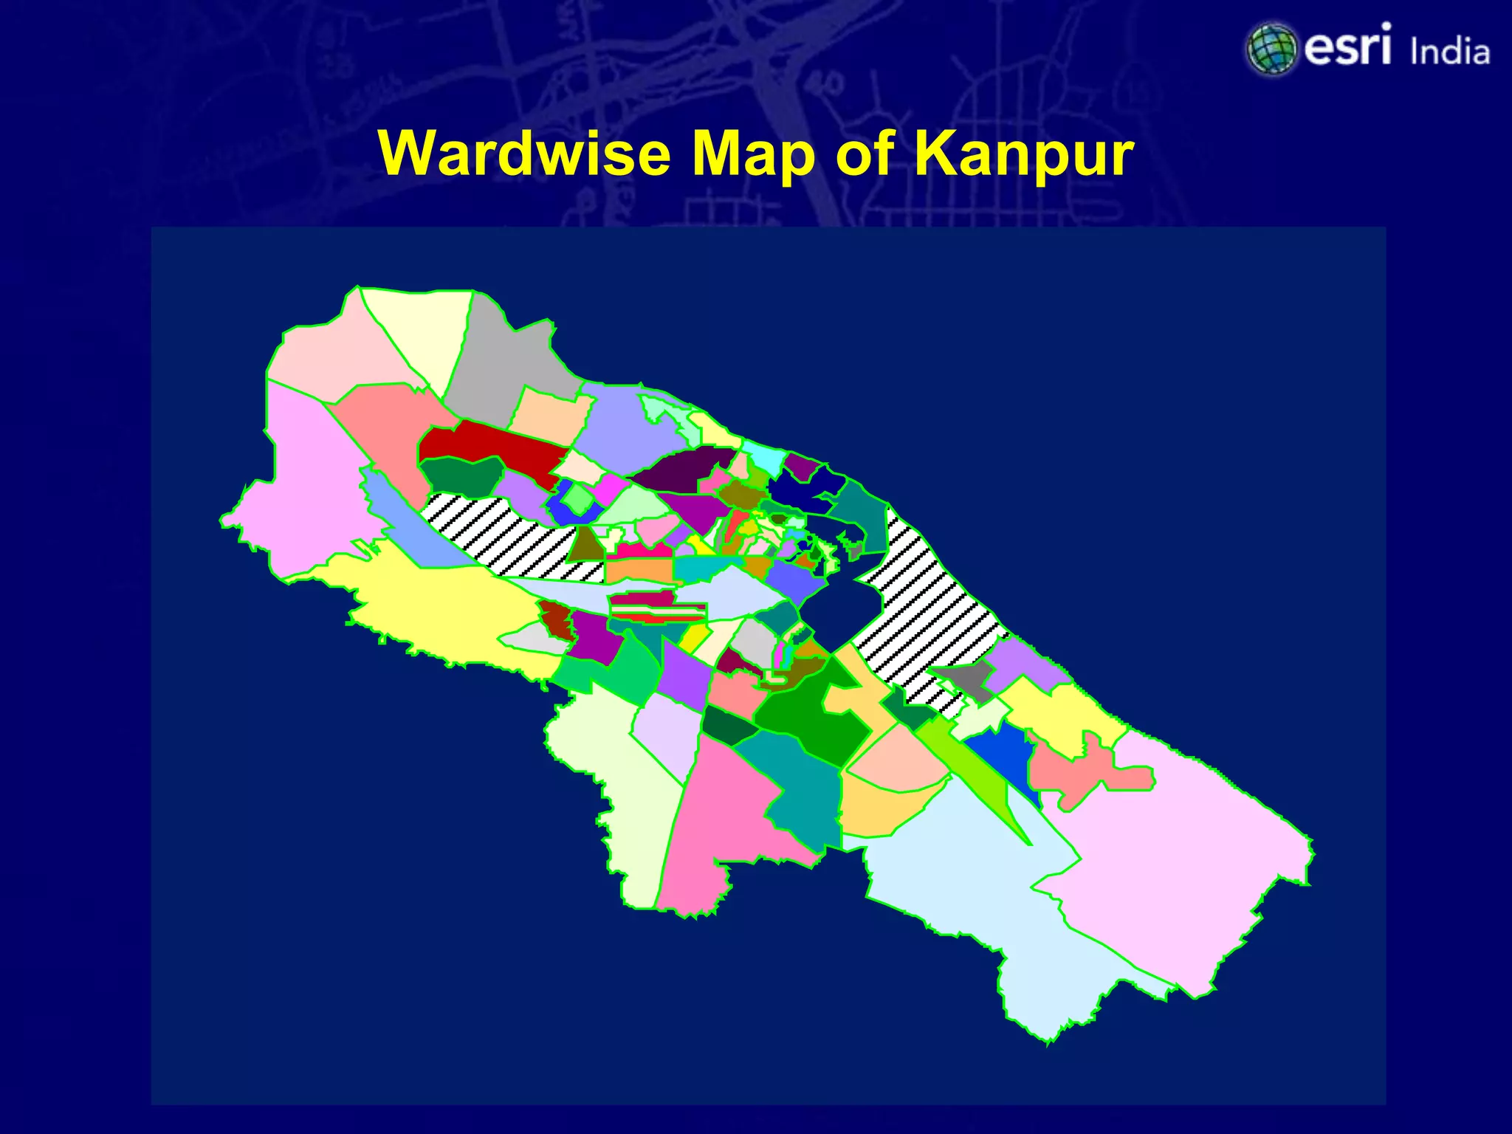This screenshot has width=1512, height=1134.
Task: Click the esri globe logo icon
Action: coord(1271,49)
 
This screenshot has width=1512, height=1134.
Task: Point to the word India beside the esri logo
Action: coord(1449,52)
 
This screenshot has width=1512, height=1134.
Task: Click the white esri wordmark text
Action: coord(1348,46)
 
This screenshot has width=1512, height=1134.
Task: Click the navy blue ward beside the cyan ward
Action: coord(801,487)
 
